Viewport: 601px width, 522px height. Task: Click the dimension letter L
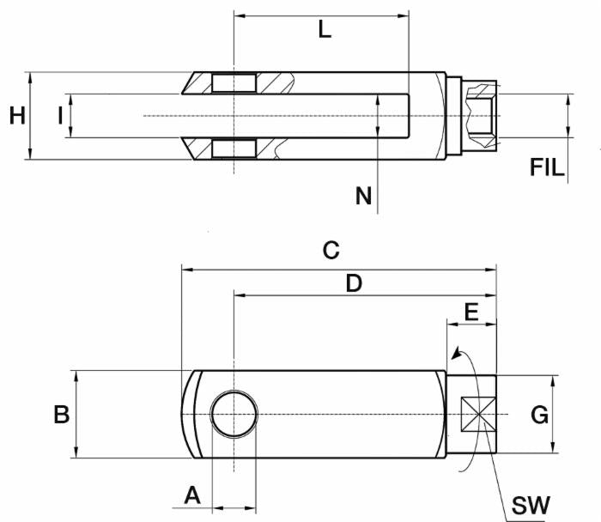coord(324,29)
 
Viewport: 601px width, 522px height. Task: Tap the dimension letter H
coord(17,115)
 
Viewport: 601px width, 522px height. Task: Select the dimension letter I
coord(60,115)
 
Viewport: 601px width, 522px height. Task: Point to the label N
coord(364,197)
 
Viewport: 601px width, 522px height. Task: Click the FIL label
coord(547,167)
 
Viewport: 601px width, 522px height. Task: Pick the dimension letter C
coord(331,251)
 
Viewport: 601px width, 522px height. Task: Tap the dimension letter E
coord(470,311)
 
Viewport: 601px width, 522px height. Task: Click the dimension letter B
coord(62,415)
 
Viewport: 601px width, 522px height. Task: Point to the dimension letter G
coord(539,416)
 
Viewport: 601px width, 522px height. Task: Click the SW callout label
coord(530,505)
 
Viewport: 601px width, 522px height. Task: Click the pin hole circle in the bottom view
coord(234,414)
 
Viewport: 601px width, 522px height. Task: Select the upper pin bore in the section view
coord(234,82)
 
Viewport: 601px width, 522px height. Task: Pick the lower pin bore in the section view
coord(234,148)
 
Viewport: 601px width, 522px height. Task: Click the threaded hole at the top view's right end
coord(481,115)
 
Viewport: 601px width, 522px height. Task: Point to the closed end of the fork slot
coord(407,115)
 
